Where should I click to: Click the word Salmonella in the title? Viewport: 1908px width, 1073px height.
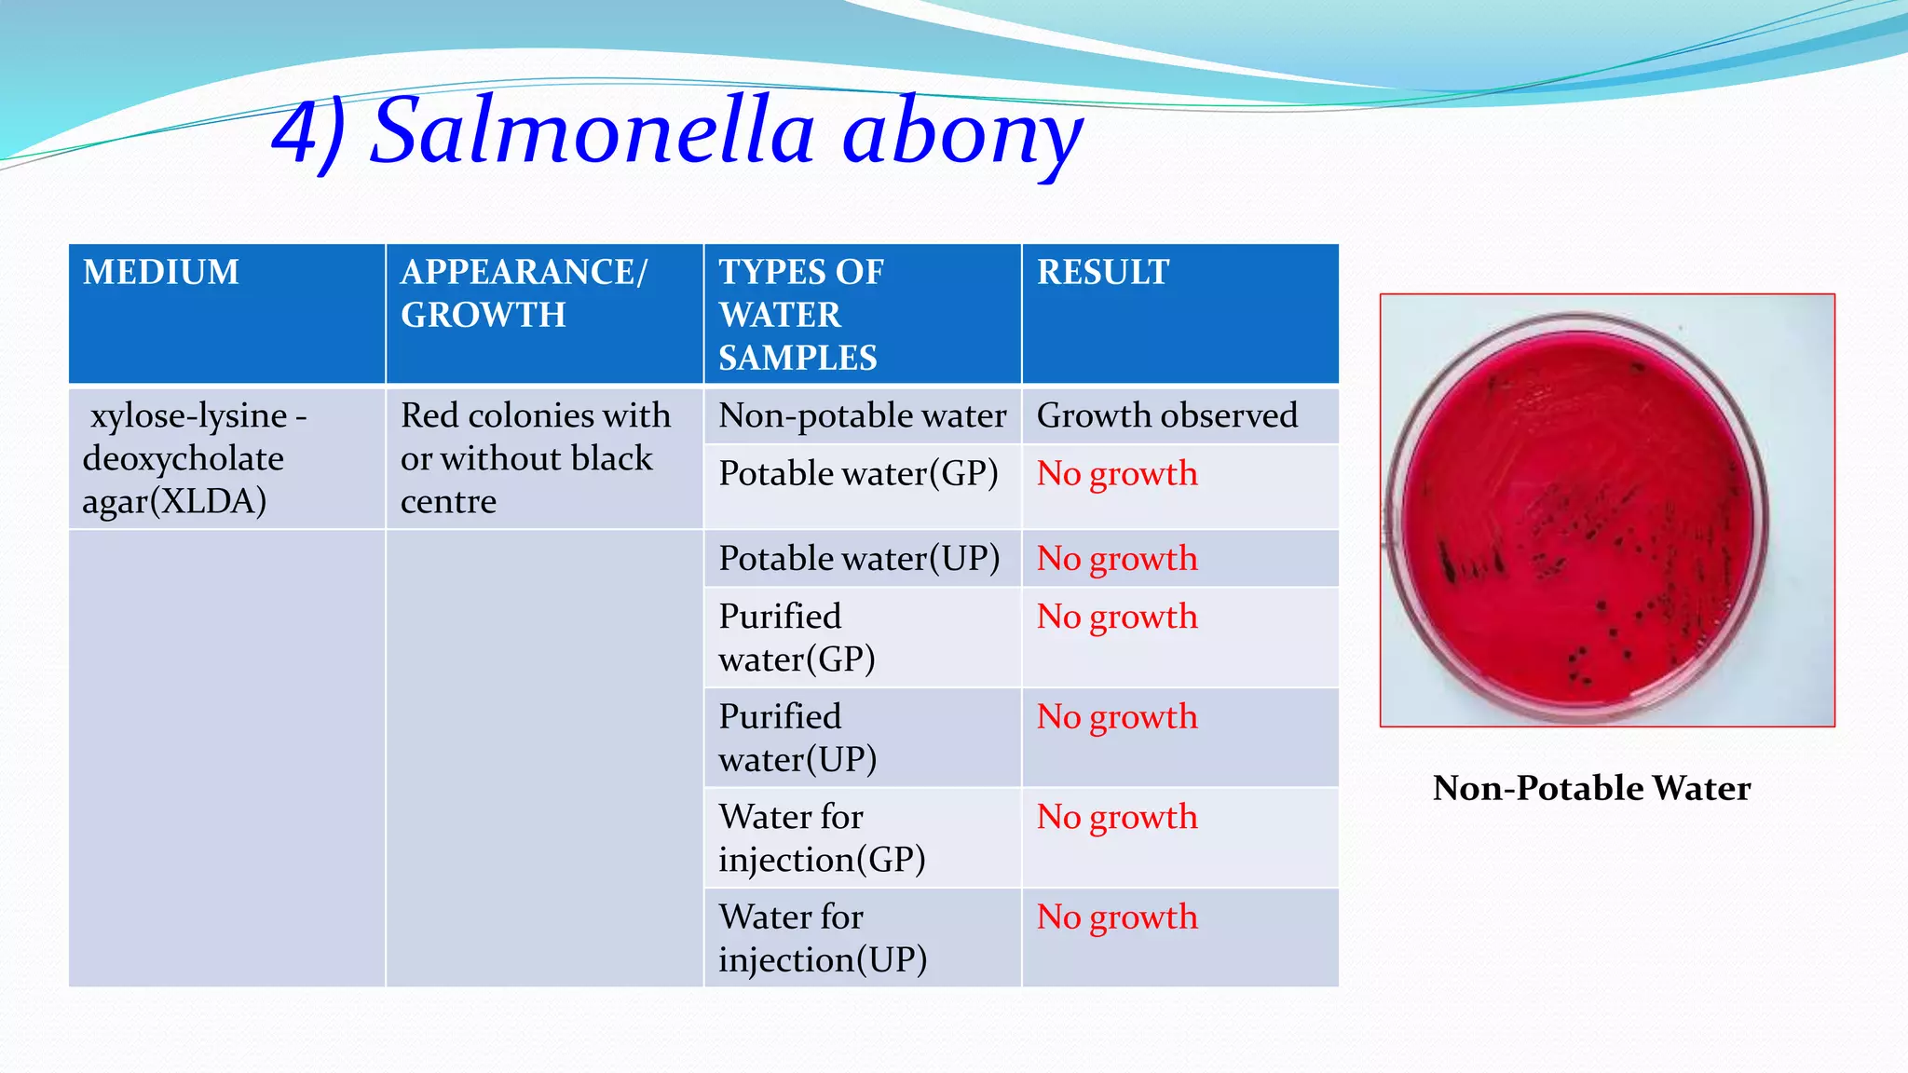[x=593, y=131]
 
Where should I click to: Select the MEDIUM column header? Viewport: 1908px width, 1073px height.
[x=226, y=313]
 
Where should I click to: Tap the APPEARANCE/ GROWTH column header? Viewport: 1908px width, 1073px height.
[x=544, y=313]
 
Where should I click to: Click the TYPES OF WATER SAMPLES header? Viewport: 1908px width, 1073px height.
[x=862, y=314]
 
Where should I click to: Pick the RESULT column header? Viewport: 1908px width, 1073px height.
[x=1179, y=313]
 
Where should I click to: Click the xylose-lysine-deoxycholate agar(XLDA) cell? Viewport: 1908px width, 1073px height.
[x=226, y=458]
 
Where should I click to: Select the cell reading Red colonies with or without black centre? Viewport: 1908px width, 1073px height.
[x=544, y=458]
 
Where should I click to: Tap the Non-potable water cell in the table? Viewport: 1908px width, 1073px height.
[x=862, y=415]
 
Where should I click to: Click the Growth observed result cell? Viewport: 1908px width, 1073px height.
[x=1179, y=415]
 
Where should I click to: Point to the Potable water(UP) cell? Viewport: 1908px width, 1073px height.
[x=862, y=559]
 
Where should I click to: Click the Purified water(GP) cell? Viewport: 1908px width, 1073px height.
[x=862, y=638]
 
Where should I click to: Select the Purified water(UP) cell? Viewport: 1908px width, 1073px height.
[x=862, y=738]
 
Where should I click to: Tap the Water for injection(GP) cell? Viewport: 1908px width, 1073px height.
[x=862, y=838]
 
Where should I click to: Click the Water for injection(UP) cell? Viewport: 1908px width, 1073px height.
[x=862, y=938]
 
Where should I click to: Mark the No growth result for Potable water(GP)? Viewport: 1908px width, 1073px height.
[x=1118, y=474]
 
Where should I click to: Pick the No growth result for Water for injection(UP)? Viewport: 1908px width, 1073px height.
[x=1118, y=917]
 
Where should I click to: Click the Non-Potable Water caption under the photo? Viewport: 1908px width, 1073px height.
[x=1591, y=788]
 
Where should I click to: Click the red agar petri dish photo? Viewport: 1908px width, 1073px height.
[x=1607, y=510]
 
